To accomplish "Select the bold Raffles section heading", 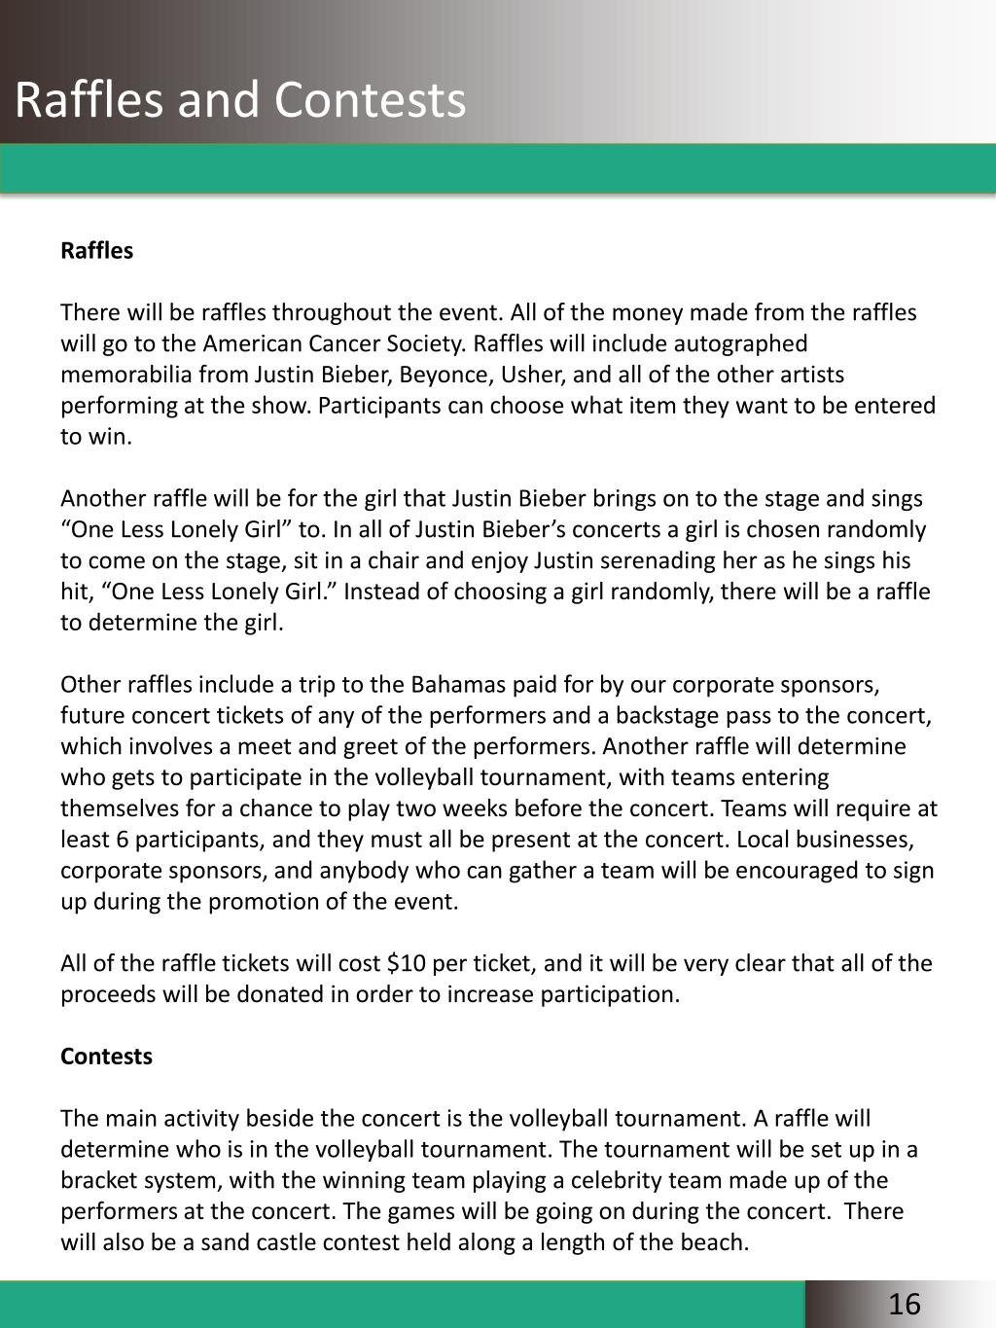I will click(96, 251).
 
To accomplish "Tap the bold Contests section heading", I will click(106, 1057).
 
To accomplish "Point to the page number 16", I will click(905, 1305).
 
